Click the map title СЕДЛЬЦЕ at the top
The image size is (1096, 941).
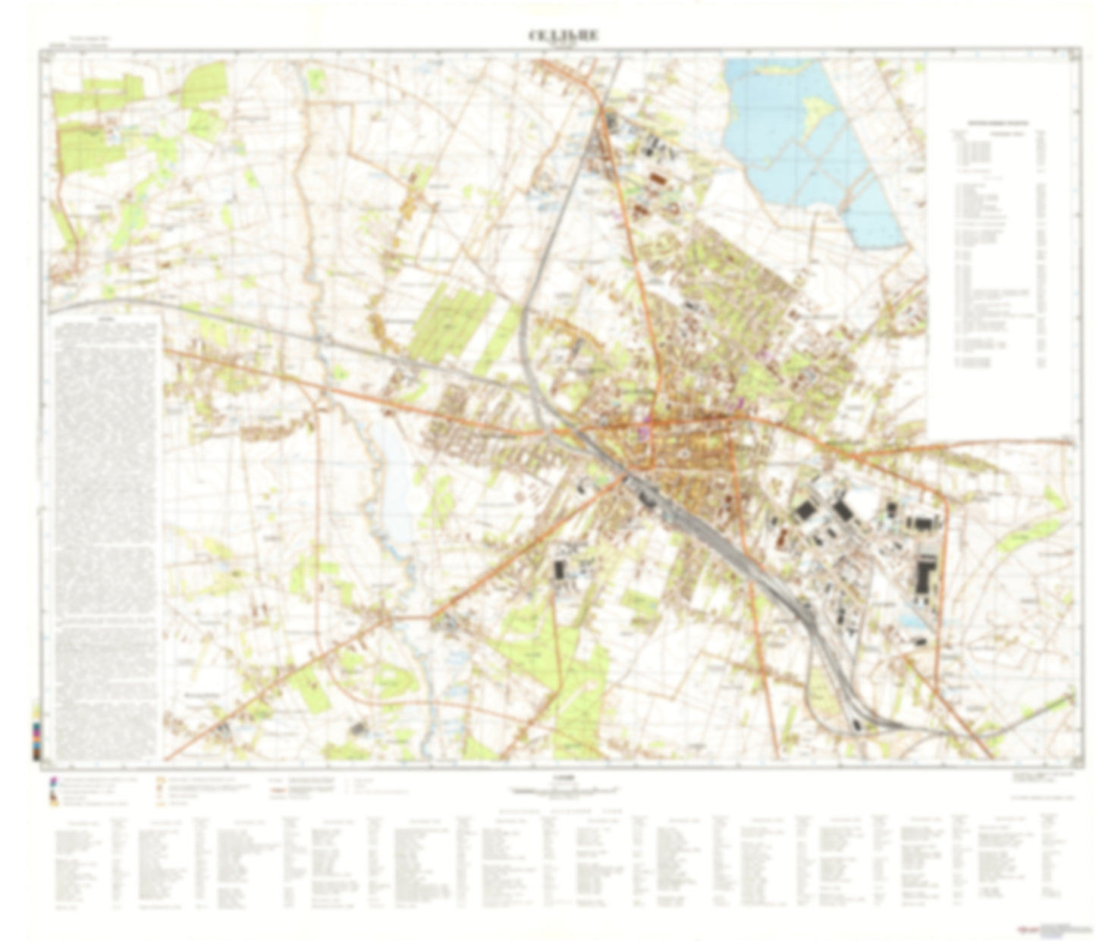(x=552, y=36)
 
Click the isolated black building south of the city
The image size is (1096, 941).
(x=561, y=569)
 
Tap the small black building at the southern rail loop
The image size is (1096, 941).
(x=856, y=724)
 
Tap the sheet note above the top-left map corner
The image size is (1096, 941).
(x=89, y=40)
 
